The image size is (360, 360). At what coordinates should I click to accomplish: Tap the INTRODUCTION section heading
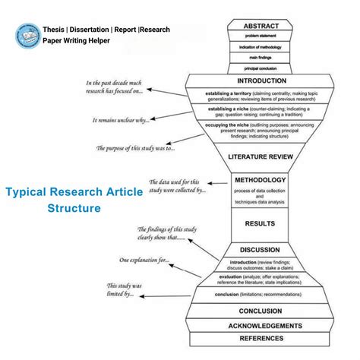coord(261,80)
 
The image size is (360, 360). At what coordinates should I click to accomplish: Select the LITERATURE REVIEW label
coord(261,157)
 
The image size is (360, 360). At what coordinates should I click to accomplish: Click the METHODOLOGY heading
coord(261,180)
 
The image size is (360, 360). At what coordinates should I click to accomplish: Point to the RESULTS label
coord(261,224)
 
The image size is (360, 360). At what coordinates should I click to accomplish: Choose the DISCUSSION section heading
coord(261,249)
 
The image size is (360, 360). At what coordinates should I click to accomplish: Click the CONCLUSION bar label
coord(261,311)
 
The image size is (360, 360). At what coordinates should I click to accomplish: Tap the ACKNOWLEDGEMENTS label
coord(261,326)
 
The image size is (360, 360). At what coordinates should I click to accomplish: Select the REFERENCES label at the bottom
coord(261,339)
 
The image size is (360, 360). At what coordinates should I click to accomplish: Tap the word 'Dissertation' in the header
coord(92,30)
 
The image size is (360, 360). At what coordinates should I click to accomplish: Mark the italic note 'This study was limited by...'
coord(125,290)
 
